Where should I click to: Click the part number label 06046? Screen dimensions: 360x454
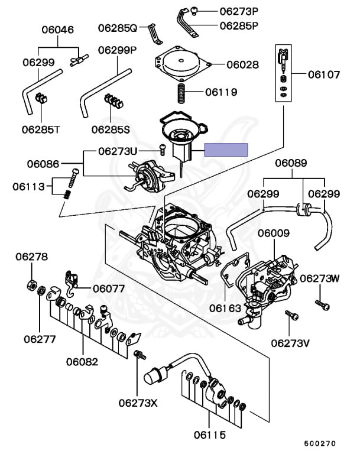(x=57, y=30)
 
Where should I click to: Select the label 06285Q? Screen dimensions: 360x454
(x=117, y=28)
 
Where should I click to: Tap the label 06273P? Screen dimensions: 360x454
(x=239, y=11)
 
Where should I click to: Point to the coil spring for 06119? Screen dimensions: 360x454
(x=181, y=93)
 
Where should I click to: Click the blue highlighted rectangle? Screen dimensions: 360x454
(x=226, y=150)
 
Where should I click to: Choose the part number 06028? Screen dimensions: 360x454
(x=243, y=64)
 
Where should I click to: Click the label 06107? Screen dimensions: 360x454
(x=324, y=74)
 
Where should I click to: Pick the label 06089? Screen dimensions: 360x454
(x=291, y=163)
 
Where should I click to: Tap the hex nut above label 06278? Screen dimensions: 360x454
(x=31, y=285)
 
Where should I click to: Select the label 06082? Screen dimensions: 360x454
(x=82, y=362)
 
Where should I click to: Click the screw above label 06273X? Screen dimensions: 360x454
(x=140, y=355)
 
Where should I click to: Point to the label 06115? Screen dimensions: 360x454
(x=210, y=435)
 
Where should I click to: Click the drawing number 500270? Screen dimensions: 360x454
(x=320, y=443)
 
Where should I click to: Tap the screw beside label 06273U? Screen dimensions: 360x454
(x=163, y=150)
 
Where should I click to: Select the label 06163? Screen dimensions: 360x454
(x=225, y=309)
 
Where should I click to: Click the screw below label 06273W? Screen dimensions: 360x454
(x=322, y=305)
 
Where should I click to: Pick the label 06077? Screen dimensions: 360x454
(x=109, y=288)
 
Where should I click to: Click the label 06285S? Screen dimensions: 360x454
(x=111, y=129)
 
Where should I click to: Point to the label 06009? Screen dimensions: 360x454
(x=274, y=233)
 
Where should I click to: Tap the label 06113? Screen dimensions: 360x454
(x=28, y=186)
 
